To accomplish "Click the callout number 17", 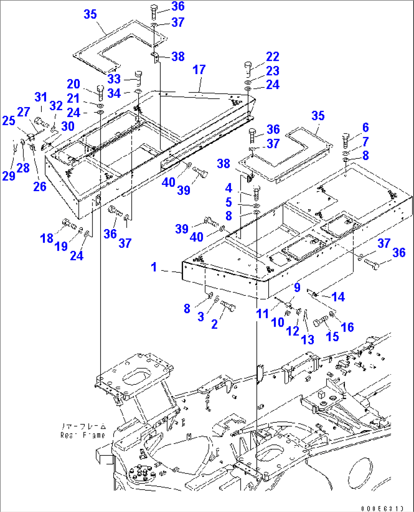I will [x=199, y=70].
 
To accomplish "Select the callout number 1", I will [x=154, y=267].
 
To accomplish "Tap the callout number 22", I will [x=273, y=57].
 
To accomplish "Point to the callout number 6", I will [x=365, y=128].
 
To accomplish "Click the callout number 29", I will [x=8, y=176].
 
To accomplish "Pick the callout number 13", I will [x=308, y=339].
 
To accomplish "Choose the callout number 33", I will [x=114, y=79].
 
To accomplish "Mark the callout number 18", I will [x=47, y=238].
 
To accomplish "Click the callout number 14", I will [x=338, y=297].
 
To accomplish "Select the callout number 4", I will [x=228, y=188].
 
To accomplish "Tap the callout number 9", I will [x=297, y=288].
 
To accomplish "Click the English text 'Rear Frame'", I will [x=82, y=435].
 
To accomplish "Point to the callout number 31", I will [x=41, y=97].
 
